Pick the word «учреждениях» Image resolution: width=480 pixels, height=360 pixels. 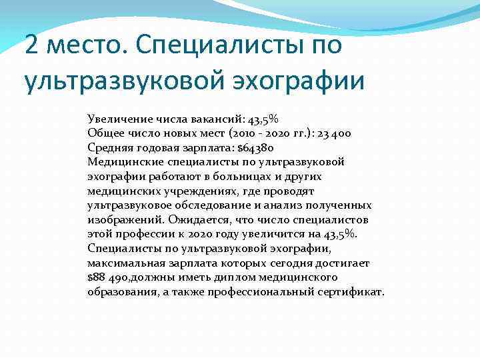tap(180, 191)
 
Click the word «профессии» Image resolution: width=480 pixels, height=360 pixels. tap(142, 233)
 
